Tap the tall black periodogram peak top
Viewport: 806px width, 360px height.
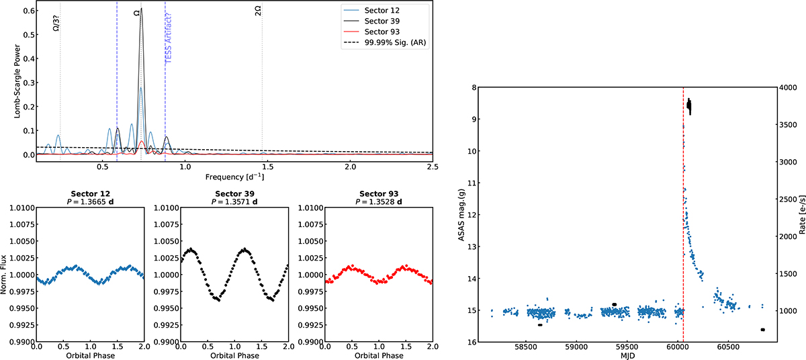coord(141,9)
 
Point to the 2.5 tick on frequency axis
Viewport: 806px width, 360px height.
coord(433,165)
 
